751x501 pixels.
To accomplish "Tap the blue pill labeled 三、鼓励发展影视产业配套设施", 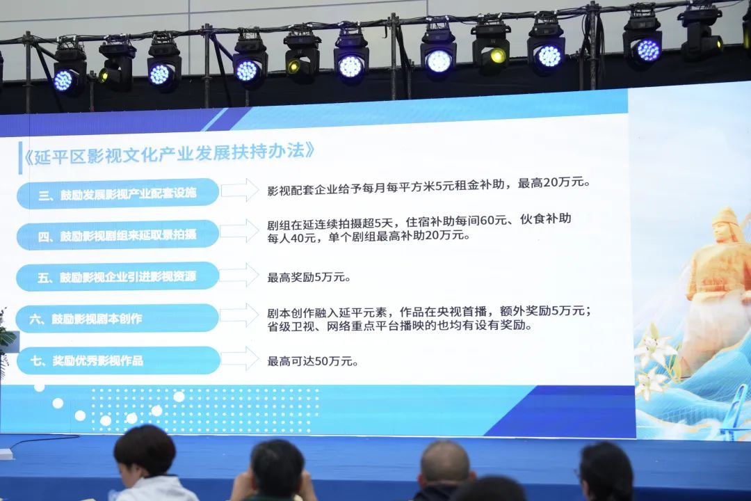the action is point(118,193).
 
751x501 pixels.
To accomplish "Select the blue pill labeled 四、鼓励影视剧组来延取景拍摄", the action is point(118,235).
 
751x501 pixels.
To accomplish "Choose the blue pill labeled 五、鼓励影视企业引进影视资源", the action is point(118,277).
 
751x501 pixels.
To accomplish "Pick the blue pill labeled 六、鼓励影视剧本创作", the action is point(118,318).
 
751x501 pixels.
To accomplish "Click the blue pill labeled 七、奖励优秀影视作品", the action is point(118,360).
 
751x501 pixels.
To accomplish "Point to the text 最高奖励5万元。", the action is point(309,277).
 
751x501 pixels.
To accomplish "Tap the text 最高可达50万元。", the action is point(313,361).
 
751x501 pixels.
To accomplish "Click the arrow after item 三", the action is point(241,190).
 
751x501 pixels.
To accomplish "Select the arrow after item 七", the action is point(241,358).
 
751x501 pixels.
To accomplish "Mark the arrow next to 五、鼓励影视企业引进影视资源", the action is point(241,275).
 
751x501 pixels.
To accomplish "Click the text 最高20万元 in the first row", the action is point(551,183).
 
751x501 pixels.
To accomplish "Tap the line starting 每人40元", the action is point(369,237).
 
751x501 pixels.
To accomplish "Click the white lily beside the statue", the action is point(652,348).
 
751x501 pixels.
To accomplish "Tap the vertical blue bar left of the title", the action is point(20,158).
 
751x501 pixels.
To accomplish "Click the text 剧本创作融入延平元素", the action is point(327,313).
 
